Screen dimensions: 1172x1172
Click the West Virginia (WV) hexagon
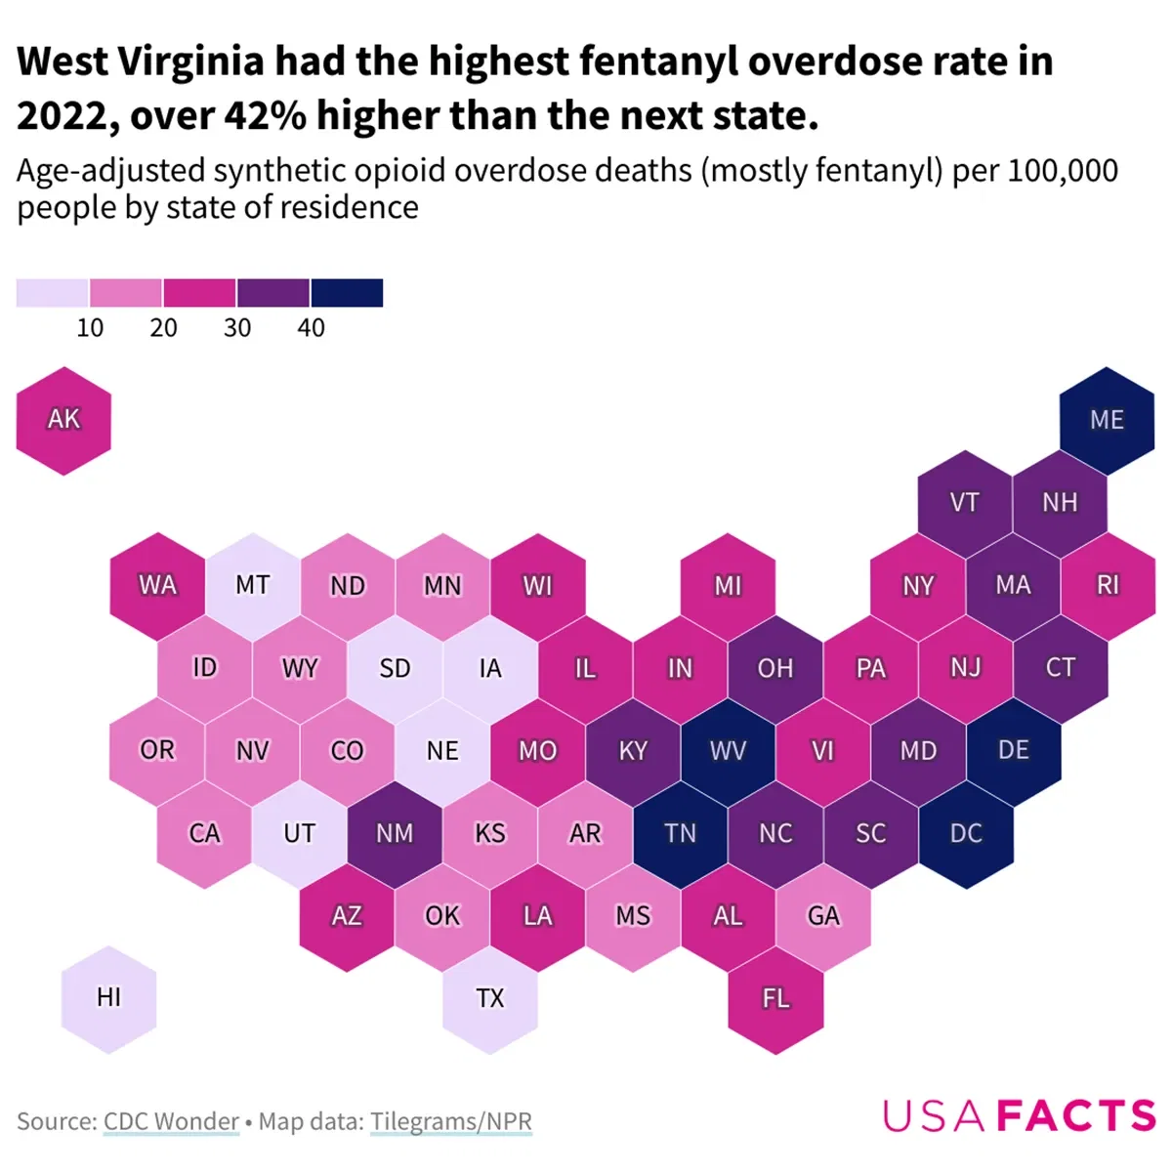coord(728,751)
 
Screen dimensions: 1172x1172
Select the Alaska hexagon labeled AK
coord(63,420)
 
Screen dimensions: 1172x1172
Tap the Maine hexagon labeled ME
coord(1107,420)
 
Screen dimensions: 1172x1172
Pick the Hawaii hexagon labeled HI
coord(108,998)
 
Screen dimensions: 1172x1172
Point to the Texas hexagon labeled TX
coord(489,998)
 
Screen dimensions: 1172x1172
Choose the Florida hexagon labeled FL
coord(775,998)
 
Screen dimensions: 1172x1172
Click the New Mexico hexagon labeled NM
coord(395,833)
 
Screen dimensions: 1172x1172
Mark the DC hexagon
coord(966,833)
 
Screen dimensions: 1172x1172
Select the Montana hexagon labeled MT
coord(252,585)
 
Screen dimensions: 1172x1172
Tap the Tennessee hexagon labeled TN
coord(680,833)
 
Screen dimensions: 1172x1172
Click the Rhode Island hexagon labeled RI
coord(1107,585)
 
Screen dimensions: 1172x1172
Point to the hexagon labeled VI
coord(822,751)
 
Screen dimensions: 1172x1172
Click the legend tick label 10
coord(90,328)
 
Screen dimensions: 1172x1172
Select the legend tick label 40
coord(311,328)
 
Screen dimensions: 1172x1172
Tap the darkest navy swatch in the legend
coord(347,293)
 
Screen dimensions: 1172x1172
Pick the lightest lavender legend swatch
coord(52,293)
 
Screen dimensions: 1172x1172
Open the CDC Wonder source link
coord(171,1121)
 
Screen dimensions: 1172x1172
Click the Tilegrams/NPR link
coord(450,1121)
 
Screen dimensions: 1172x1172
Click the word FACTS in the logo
coord(1076,1115)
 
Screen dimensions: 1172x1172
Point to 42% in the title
coord(266,116)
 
